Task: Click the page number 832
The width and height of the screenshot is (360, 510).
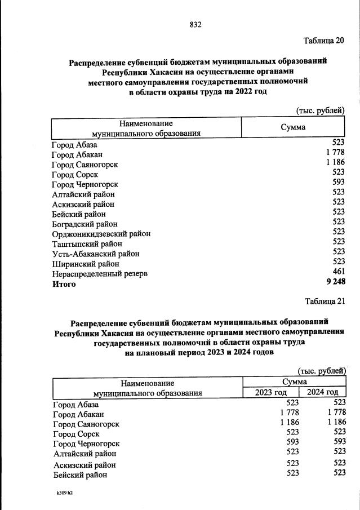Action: pyautogui.click(x=195, y=25)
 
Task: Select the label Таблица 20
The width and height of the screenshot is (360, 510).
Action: pyautogui.click(x=323, y=41)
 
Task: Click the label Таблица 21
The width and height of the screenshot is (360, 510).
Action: pyautogui.click(x=324, y=300)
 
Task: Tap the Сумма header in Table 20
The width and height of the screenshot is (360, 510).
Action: pyautogui.click(x=293, y=127)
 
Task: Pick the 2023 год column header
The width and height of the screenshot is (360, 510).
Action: pyautogui.click(x=270, y=392)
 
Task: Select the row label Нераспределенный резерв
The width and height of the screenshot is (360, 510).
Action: pyautogui.click(x=100, y=274)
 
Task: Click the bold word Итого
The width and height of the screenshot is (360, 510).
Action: pyautogui.click(x=64, y=284)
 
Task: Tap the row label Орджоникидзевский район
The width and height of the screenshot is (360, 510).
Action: pyautogui.click(x=101, y=234)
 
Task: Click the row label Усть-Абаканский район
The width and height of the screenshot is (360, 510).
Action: pyautogui.click(x=94, y=254)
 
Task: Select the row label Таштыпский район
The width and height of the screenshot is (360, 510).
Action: pyautogui.click(x=86, y=244)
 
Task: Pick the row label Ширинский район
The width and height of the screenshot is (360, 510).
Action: pyautogui.click(x=85, y=264)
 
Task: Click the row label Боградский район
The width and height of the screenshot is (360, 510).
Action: pyautogui.click(x=85, y=224)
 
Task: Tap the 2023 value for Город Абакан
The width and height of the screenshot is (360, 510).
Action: pyautogui.click(x=288, y=413)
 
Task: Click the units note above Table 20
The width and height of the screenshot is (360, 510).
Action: pyautogui.click(x=320, y=110)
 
